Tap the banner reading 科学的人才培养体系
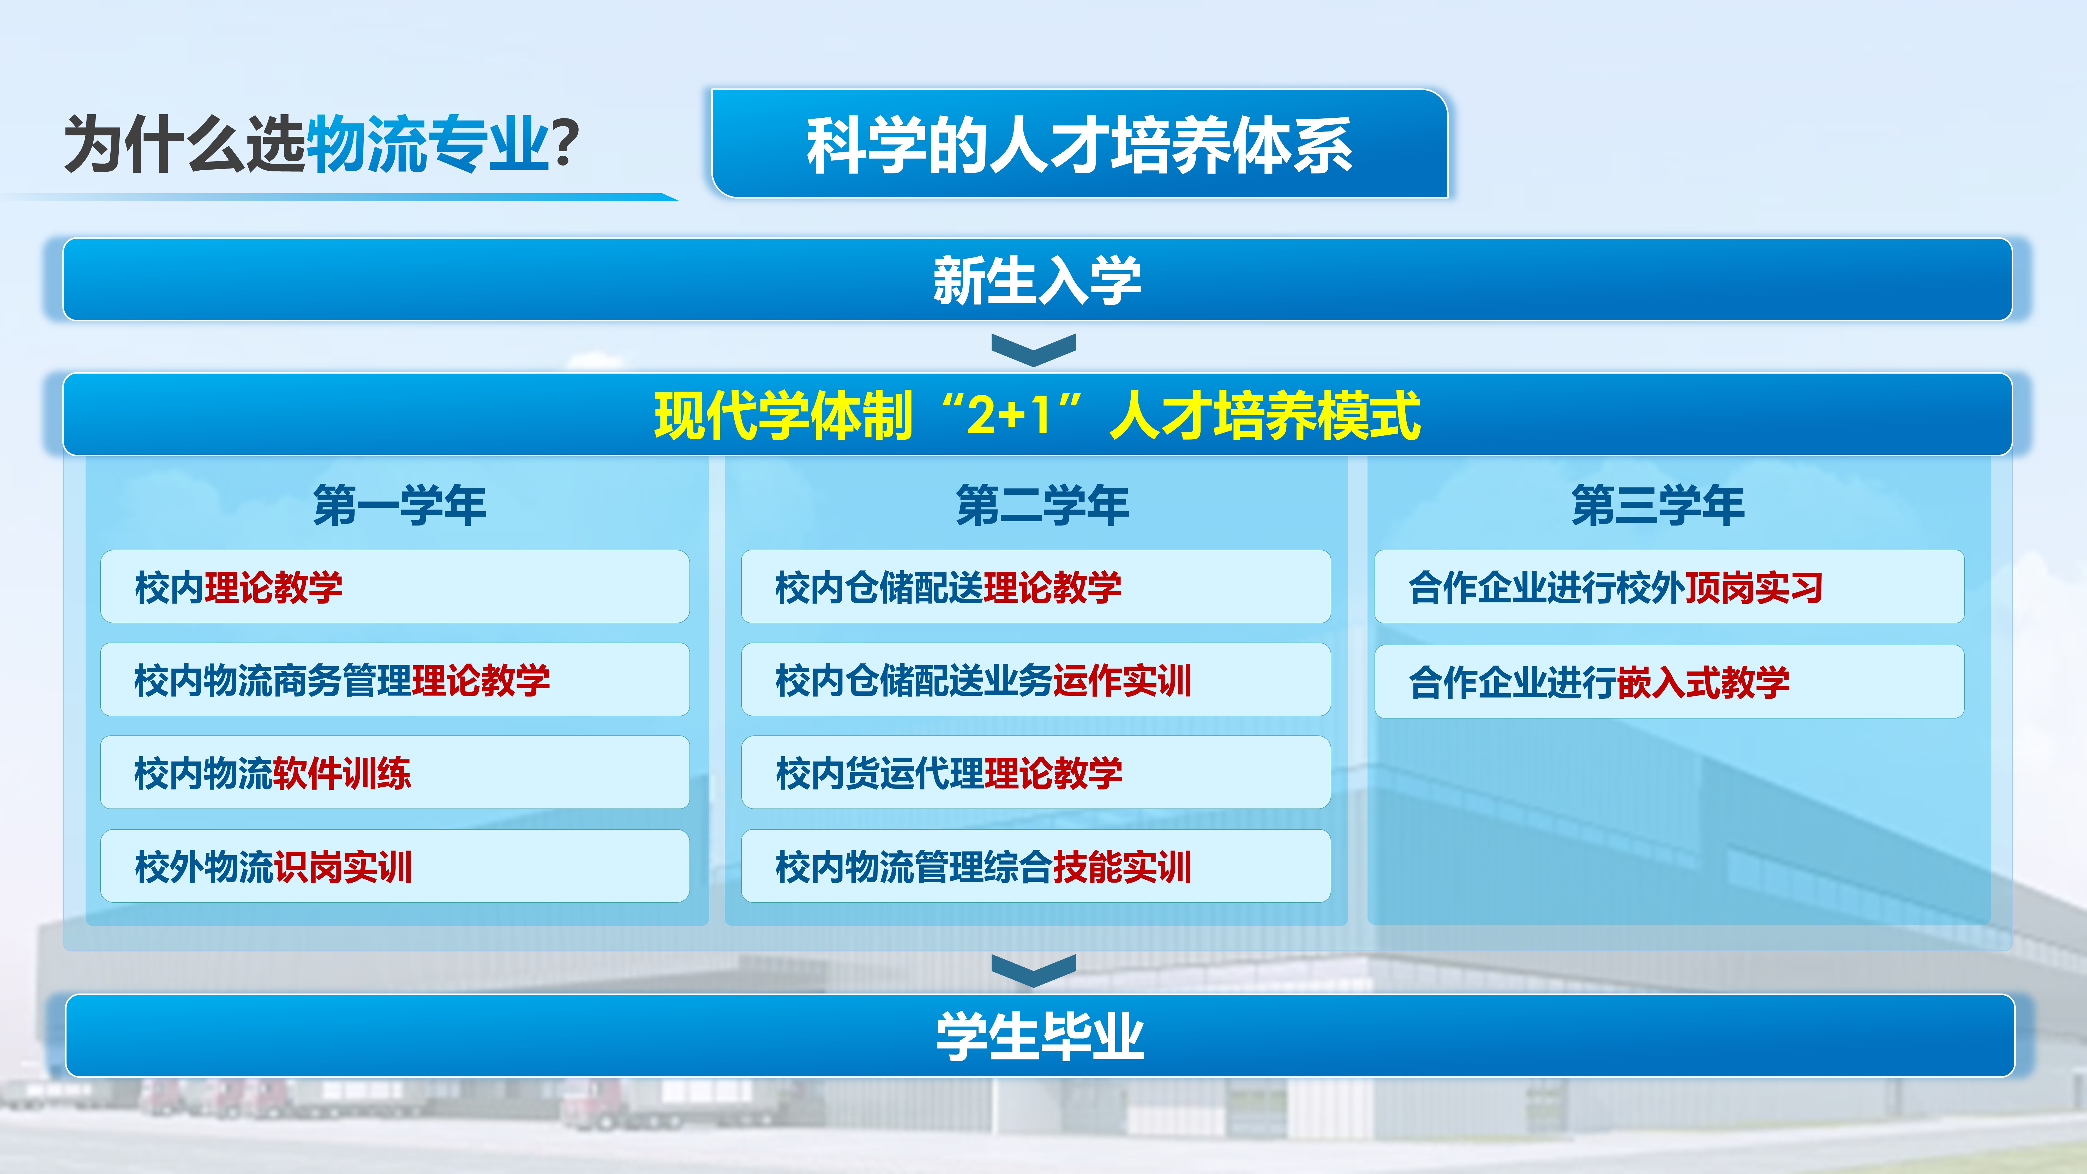1079,143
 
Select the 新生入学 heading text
1037,280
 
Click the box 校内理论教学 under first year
394,586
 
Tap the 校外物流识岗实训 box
394,866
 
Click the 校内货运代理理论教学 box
1035,773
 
